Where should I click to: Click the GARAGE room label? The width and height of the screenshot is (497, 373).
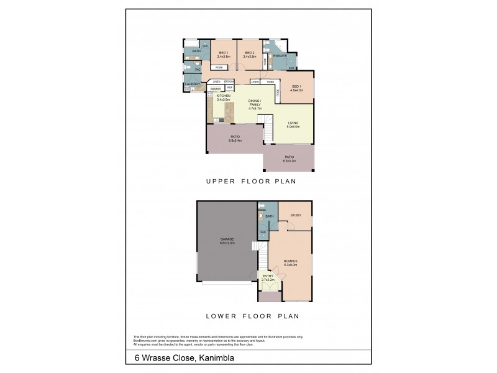coord(226,239)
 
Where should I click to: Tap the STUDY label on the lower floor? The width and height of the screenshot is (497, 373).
coord(296,215)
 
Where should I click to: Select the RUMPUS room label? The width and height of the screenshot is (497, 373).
coord(291,260)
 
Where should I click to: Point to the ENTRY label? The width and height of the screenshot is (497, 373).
coord(268,276)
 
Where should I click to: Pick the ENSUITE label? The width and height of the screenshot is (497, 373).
coord(281,56)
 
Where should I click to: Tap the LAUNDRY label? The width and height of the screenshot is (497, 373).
coord(192,84)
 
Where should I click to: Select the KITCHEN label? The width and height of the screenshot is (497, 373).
coord(223,95)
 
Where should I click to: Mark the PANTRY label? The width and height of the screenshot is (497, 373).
coord(216,89)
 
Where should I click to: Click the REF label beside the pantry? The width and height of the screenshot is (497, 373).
coord(230,88)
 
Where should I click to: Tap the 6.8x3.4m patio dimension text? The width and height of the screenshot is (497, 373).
coord(234,140)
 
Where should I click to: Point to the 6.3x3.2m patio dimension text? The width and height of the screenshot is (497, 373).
coord(289,160)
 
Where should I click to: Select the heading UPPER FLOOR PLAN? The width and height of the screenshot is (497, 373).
coord(252,182)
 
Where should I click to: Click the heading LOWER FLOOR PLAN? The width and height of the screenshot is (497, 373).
coord(253,316)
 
